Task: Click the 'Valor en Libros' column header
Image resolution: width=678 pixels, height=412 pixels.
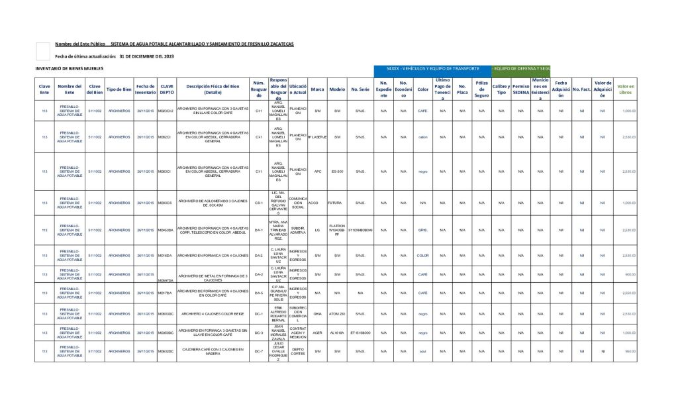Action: [625, 89]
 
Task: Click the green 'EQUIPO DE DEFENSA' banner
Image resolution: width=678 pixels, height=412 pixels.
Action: [522, 69]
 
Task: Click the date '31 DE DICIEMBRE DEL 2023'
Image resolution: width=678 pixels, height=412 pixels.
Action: [146, 56]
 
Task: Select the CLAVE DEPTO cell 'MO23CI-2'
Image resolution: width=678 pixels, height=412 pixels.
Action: [165, 111]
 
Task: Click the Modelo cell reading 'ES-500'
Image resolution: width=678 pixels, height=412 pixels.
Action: [337, 171]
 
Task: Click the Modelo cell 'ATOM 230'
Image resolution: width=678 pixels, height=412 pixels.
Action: [337, 314]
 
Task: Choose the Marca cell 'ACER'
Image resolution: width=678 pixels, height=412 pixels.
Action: [317, 333]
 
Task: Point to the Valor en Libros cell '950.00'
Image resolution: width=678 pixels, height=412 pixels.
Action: [629, 351]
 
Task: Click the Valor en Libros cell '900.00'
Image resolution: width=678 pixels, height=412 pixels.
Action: [629, 274]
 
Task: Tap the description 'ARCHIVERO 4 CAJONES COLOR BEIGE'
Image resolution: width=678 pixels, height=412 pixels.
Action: [213, 314]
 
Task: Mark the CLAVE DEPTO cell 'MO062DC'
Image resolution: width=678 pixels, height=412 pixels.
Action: [165, 351]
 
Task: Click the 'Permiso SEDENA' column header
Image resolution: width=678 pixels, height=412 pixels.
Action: [520, 89]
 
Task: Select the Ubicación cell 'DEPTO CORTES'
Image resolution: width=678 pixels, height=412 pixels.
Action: [298, 351]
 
